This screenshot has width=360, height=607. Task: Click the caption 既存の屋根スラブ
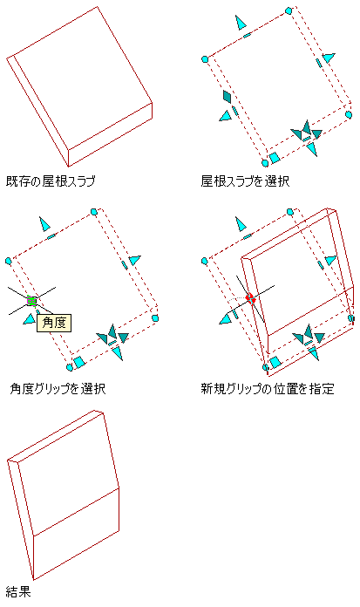tap(51, 181)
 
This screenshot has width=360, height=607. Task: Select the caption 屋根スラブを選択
tap(245, 181)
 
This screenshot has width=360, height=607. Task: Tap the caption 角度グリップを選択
tap(58, 388)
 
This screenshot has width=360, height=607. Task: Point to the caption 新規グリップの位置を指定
tap(268, 388)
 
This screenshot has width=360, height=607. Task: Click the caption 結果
tap(18, 592)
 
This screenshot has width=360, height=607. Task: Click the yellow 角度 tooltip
tap(54, 323)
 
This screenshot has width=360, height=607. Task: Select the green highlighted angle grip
tap(31, 300)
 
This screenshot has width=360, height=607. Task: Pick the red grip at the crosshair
tap(250, 298)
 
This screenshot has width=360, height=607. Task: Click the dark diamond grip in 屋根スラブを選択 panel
tap(228, 97)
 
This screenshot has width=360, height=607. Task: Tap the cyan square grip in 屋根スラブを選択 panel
tap(275, 158)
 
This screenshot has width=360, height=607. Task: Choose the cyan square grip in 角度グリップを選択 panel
tap(79, 362)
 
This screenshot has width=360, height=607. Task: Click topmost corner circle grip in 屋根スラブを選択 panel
tap(288, 10)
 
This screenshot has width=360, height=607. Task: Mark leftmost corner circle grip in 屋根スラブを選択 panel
tap(205, 59)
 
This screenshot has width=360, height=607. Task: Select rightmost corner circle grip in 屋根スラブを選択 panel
tap(349, 114)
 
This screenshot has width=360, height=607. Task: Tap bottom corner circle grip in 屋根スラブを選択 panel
tap(265, 163)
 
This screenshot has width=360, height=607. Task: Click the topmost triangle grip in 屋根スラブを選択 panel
tap(241, 23)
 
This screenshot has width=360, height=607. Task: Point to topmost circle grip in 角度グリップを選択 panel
tap(93, 212)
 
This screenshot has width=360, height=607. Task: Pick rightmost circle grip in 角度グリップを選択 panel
tap(155, 318)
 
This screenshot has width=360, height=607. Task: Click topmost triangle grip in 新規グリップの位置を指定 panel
tap(241, 224)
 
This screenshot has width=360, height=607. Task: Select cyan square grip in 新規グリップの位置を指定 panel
tap(275, 362)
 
